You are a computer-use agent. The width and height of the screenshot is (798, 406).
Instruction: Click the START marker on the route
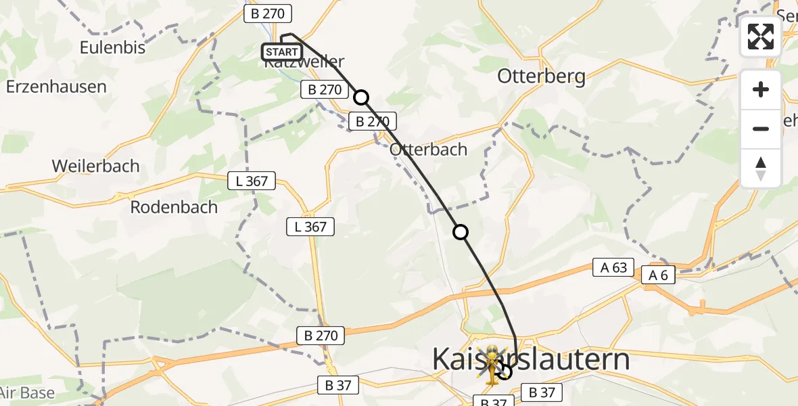click(x=281, y=52)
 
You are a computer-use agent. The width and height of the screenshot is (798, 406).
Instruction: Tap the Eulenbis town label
click(x=113, y=47)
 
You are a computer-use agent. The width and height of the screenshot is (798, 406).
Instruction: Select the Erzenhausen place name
click(x=56, y=87)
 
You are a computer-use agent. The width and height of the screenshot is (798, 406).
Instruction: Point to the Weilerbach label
click(x=95, y=166)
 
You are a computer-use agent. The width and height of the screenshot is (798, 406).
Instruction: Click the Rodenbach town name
click(x=174, y=207)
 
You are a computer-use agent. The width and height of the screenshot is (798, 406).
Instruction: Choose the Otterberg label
click(x=541, y=76)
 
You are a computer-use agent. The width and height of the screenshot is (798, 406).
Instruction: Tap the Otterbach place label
click(x=429, y=150)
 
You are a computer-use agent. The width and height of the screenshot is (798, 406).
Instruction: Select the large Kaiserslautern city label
click(x=531, y=359)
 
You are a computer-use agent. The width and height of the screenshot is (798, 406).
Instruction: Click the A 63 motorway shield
click(x=613, y=267)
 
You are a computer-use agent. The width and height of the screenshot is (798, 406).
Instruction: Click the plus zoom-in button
click(x=761, y=89)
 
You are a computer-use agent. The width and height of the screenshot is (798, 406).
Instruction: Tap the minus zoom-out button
click(x=761, y=129)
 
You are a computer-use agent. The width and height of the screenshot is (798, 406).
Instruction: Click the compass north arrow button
click(x=761, y=168)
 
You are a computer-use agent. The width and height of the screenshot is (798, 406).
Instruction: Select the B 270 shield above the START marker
click(x=269, y=14)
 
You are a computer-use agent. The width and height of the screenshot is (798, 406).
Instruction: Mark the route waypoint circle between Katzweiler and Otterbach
click(x=362, y=97)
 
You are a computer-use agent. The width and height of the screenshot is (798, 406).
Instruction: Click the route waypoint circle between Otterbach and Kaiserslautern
click(x=461, y=233)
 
